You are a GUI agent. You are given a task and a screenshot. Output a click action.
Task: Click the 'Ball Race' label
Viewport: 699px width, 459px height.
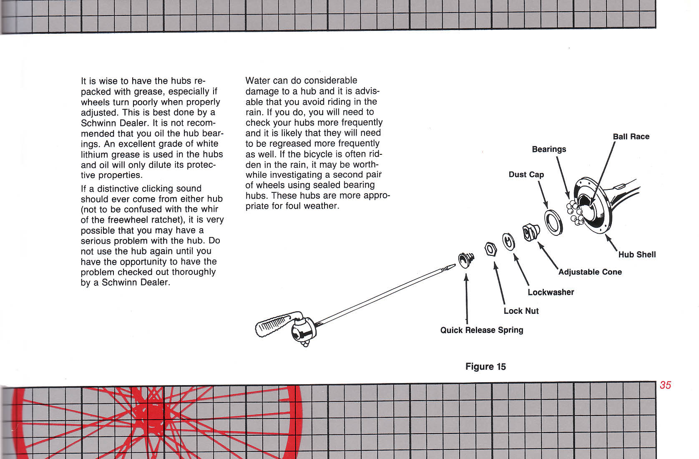631,136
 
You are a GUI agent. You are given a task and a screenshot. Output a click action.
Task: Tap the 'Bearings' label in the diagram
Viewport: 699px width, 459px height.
549,149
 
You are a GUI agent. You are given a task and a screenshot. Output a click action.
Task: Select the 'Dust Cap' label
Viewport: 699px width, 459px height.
526,174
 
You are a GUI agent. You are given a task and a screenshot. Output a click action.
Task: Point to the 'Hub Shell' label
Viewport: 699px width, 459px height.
637,255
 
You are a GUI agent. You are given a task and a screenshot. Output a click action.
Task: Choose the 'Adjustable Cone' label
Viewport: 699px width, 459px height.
590,272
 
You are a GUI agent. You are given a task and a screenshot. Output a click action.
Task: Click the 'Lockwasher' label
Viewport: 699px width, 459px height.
551,292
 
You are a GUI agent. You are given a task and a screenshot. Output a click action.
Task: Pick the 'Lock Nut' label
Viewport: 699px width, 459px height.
521,311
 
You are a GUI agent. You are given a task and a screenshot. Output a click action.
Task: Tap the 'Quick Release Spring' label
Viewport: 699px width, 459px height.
482,330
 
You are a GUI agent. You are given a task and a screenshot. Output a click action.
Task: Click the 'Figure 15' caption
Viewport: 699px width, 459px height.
485,367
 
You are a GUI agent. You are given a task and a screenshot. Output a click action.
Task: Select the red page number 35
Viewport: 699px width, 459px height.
665,385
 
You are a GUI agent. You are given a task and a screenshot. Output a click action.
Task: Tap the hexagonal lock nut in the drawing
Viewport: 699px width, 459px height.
491,249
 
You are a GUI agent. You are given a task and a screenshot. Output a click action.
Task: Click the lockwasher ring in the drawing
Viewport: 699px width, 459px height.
508,242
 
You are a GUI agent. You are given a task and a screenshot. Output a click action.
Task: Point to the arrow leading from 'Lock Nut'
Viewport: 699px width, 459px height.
499,284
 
